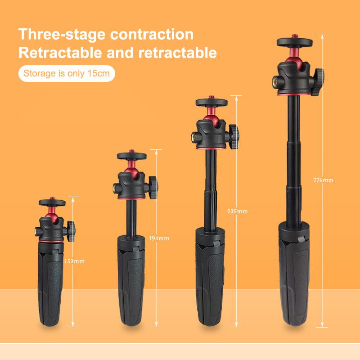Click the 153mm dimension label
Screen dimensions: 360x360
pos(74,261)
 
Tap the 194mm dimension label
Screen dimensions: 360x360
pos(159,238)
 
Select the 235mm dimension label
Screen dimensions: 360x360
pos(238,211)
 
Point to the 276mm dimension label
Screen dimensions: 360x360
pos(323,180)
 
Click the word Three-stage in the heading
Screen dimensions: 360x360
pos(62,34)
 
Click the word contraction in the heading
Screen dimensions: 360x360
pos(152,34)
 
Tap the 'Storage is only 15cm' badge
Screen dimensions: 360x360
pos(67,73)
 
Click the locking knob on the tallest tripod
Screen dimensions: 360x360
pos(319,82)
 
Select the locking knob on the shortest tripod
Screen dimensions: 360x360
pos(70,231)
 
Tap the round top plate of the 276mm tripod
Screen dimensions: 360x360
pos(295,42)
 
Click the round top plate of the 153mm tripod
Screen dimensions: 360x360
pos(52,202)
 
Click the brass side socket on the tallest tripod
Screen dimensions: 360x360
pos(275,81)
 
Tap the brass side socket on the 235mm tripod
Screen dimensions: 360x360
pos(193,137)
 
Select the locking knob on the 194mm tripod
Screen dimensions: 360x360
pos(153,187)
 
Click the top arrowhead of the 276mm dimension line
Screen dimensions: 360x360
pos(322,37)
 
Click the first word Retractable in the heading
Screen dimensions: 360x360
pos(60,53)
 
